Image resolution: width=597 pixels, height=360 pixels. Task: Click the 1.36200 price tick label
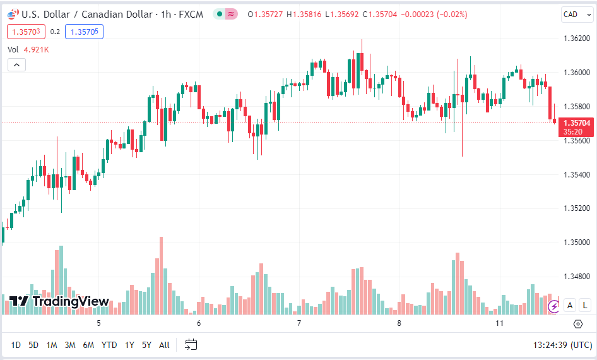pyautogui.click(x=576, y=39)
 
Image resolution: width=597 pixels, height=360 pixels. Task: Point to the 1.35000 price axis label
pyautogui.click(x=576, y=243)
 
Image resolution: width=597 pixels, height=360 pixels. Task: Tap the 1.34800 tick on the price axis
pyautogui.click(x=576, y=277)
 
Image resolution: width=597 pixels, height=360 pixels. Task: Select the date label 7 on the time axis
pyautogui.click(x=298, y=323)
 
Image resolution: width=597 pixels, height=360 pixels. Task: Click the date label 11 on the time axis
pyautogui.click(x=500, y=323)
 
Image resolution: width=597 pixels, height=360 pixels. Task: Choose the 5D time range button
pyautogui.click(x=33, y=345)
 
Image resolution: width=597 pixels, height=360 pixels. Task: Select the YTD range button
pyautogui.click(x=109, y=345)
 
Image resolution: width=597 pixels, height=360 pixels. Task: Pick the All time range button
pyautogui.click(x=164, y=345)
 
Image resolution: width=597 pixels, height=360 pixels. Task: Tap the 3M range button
pyautogui.click(x=70, y=345)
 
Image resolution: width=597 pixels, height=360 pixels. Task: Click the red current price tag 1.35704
pyautogui.click(x=576, y=123)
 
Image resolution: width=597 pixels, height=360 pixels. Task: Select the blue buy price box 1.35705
pyautogui.click(x=84, y=32)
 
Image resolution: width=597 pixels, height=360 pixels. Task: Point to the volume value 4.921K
pyautogui.click(x=37, y=49)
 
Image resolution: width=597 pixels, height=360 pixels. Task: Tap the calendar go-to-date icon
pyautogui.click(x=191, y=345)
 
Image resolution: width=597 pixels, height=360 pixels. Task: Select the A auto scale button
pyautogui.click(x=570, y=306)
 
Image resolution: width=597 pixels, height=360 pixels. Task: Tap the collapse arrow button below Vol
pyautogui.click(x=16, y=64)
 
